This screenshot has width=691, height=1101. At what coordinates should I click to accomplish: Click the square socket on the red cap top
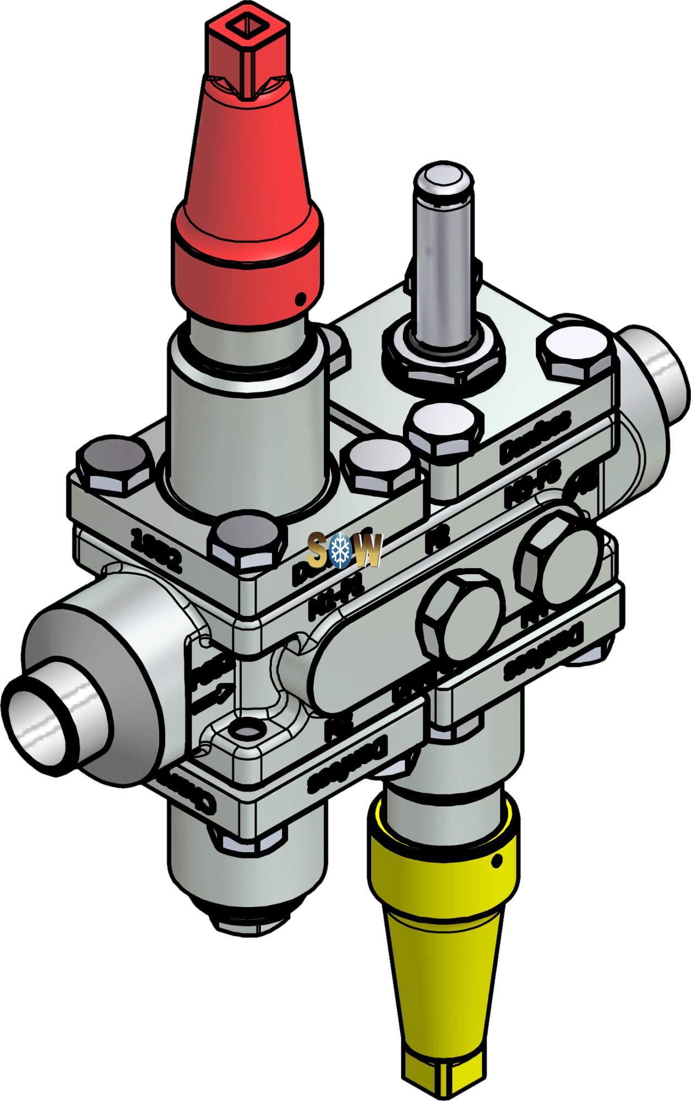tap(247, 25)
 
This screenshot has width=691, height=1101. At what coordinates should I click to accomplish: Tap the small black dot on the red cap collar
tap(300, 299)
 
